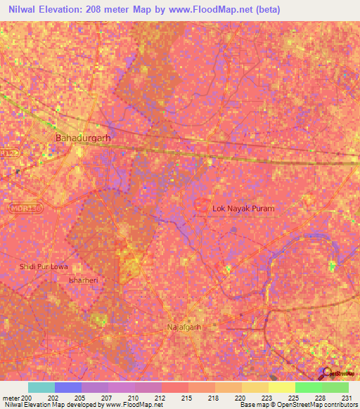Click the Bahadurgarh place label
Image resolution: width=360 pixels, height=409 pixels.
(x=83, y=138)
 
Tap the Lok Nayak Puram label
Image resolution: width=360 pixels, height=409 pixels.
(x=244, y=209)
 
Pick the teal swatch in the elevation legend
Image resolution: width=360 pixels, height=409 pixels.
(x=41, y=387)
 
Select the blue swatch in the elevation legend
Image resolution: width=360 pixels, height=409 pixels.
(x=68, y=387)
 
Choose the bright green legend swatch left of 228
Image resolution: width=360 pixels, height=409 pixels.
(x=309, y=387)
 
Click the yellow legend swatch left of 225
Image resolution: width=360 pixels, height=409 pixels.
(x=282, y=387)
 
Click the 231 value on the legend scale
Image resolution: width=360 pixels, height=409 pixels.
(x=347, y=397)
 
